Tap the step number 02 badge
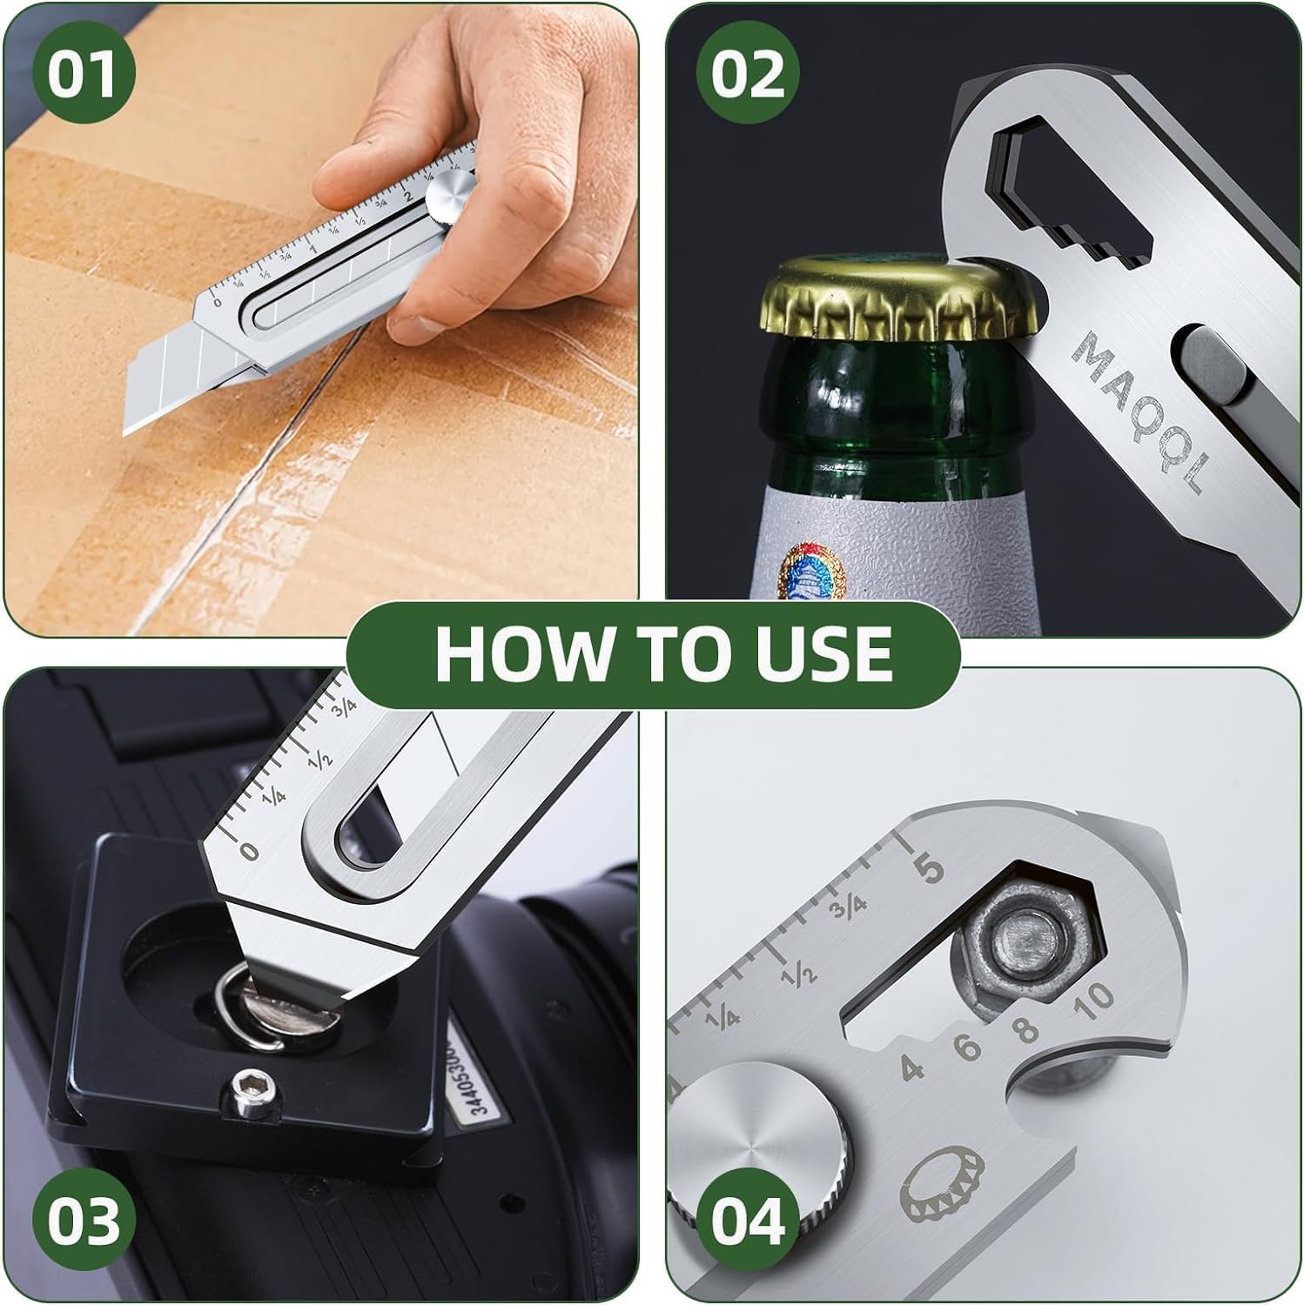point(748,75)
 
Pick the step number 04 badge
point(748,1220)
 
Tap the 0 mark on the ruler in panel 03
point(250,850)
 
